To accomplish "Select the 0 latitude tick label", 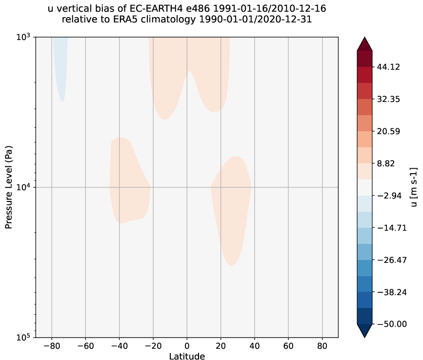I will (187, 346).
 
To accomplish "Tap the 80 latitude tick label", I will (322, 346).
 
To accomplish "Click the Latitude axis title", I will (187, 356).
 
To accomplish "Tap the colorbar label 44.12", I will (389, 67).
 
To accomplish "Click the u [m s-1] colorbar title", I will (414, 187).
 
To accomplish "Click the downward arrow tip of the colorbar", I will (364, 336).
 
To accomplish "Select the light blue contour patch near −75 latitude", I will (60, 63).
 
